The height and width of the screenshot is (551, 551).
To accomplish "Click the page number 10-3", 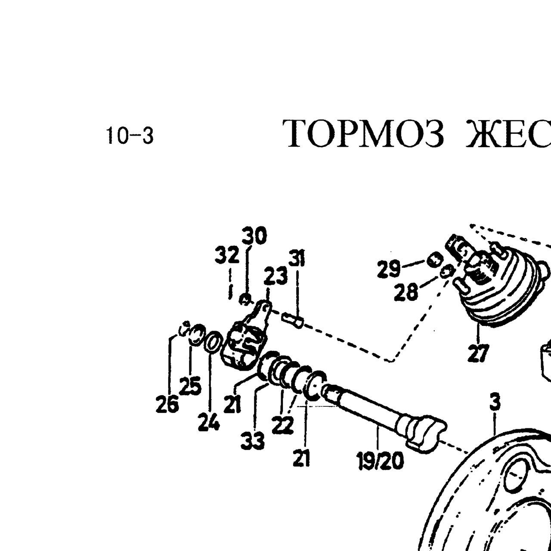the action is point(130,136).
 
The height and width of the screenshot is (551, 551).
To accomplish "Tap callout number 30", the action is point(254,236).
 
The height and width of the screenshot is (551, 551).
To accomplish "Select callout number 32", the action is point(227,255).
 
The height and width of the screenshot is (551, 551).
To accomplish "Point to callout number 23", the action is point(275,275).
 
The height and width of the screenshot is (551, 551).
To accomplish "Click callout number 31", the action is point(297,258).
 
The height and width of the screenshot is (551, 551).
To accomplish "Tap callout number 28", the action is point(406,293).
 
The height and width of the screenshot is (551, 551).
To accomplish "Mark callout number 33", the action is point(253,449).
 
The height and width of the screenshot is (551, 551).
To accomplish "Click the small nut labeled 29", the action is point(435,259).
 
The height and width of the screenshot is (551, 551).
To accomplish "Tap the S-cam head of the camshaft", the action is point(426,438).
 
